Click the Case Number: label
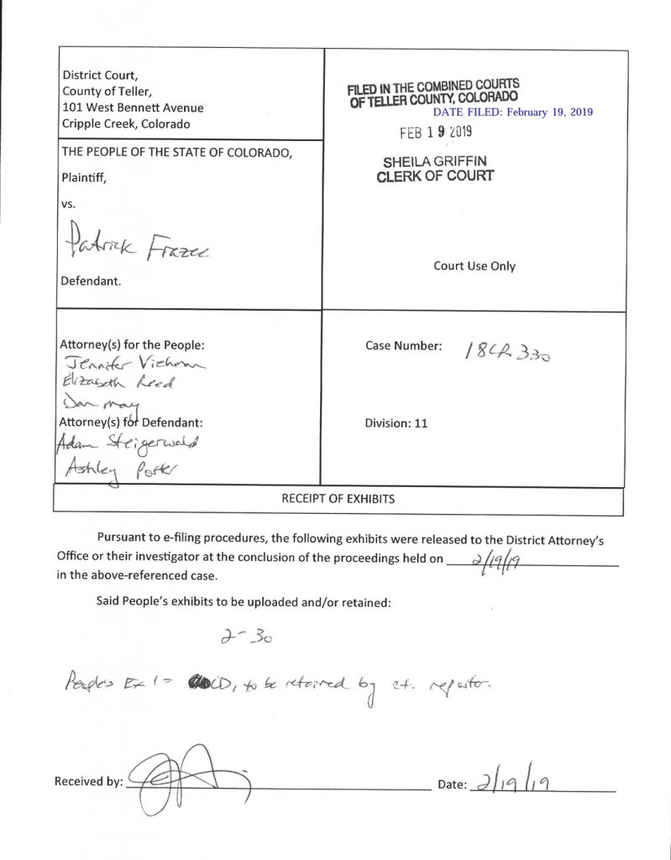coord(403,345)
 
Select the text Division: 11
coord(396,423)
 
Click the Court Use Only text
coord(474,266)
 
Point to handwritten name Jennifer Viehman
coord(131,364)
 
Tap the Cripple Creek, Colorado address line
coord(126,123)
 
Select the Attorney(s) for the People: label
coord(132,344)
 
